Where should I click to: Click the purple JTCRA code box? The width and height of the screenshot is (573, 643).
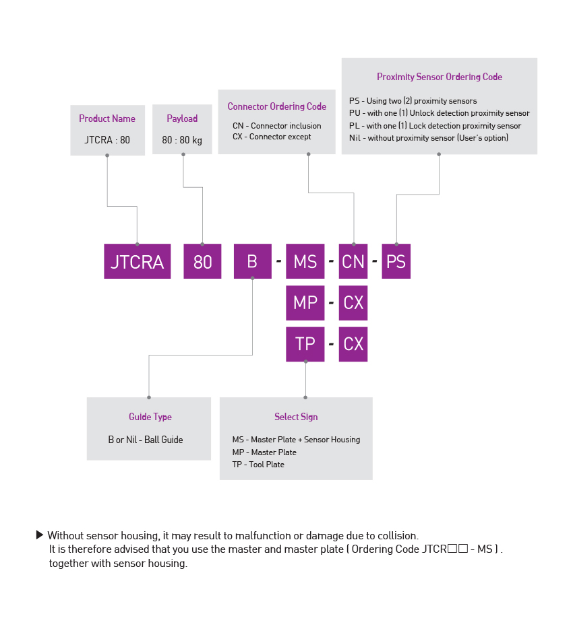pos(137,261)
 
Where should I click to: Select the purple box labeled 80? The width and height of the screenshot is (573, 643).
pos(202,261)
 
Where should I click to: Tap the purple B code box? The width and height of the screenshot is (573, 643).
pos(252,261)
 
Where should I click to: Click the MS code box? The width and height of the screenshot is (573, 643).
pos(305,261)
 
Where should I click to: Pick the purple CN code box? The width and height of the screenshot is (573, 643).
pos(353,261)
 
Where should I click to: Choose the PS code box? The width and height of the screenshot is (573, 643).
pos(396,261)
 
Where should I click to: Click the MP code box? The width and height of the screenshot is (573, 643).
pos(305,302)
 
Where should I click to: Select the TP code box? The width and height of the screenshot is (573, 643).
pos(305,344)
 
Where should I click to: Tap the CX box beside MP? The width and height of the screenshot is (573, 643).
pos(353,302)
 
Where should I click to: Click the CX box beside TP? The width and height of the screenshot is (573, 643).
pos(353,344)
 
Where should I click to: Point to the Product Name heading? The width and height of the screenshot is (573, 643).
pos(107,119)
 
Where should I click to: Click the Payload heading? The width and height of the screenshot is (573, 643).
pos(182,119)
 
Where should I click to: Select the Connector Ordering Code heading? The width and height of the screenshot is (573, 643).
pos(276,106)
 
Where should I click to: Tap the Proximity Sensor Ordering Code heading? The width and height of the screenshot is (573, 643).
pos(439,77)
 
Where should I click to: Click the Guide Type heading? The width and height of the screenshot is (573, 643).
pos(150,417)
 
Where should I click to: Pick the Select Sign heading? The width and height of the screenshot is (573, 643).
pos(296,417)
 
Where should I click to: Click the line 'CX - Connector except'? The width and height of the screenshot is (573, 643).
pos(272,137)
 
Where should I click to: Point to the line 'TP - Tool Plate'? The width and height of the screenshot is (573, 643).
pos(258,465)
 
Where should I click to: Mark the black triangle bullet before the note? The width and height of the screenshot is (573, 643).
pos(40,535)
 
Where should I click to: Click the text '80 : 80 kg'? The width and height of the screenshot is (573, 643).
pos(182,141)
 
